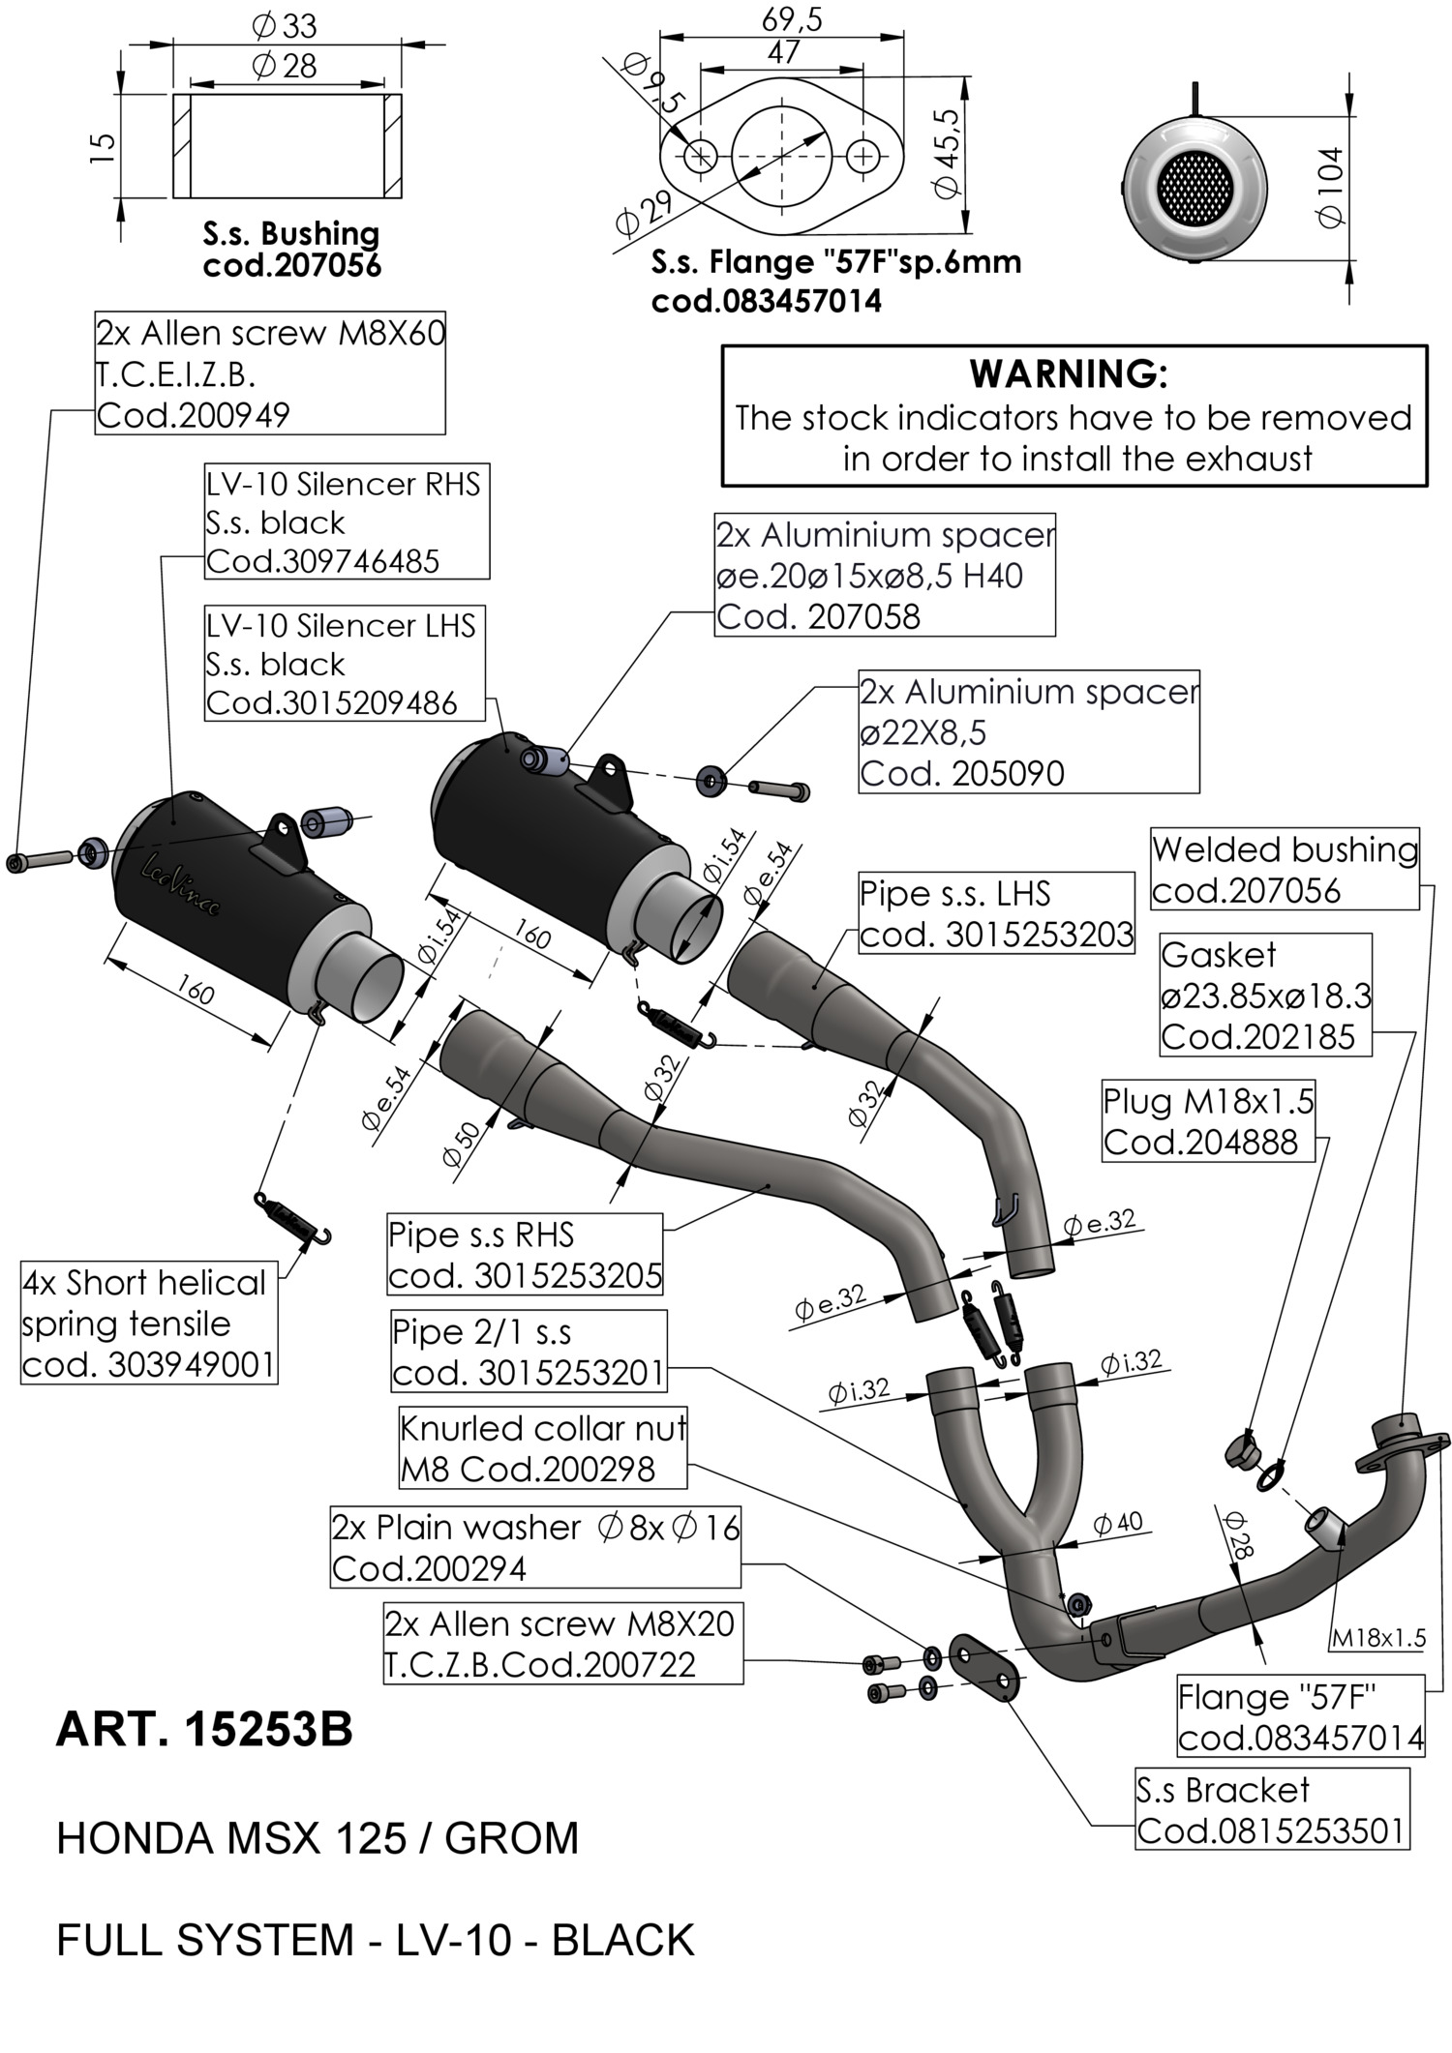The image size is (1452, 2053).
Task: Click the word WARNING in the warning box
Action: click(1069, 373)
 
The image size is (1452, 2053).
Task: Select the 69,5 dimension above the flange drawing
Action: click(792, 18)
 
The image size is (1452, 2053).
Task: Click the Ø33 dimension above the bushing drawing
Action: click(285, 26)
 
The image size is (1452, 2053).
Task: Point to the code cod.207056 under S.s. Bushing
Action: click(291, 265)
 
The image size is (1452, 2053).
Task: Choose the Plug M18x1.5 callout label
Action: click(1209, 1121)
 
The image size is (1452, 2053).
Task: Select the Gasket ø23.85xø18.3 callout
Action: click(1265, 996)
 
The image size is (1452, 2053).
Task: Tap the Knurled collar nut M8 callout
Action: click(542, 1448)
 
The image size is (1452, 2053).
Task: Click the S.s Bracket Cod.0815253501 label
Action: click(1270, 1810)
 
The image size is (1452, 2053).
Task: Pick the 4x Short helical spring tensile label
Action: click(148, 1323)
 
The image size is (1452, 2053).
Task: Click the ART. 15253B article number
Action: click(204, 1729)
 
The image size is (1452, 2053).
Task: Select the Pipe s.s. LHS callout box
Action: click(996, 913)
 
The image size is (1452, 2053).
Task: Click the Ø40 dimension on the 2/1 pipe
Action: click(1118, 1523)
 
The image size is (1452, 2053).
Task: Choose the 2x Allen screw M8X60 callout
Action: click(270, 373)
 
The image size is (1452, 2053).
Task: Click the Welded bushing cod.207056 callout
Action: click(1285, 869)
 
